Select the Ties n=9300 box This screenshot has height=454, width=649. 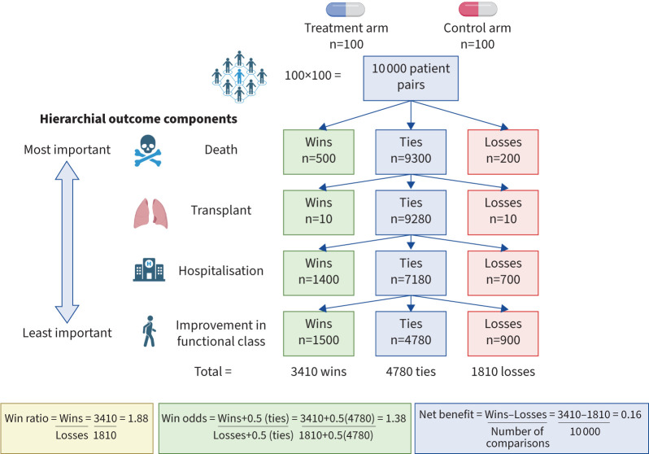pos(410,149)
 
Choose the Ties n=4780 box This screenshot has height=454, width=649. pos(410,334)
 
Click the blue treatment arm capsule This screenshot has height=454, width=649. pos(346,10)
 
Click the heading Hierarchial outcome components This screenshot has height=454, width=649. pos(138,119)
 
